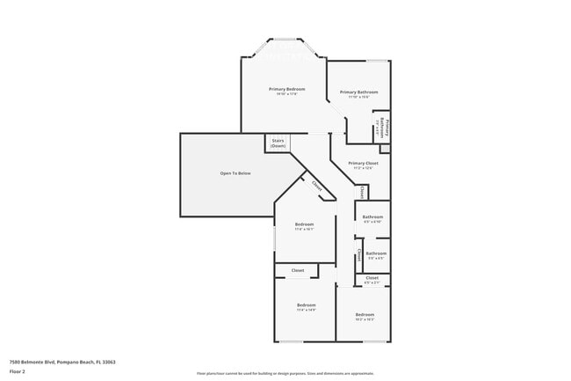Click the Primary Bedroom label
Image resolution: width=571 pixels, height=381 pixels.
(x=286, y=90)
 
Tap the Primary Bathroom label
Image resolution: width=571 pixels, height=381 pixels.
(x=359, y=92)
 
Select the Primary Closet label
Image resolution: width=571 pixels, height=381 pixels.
(x=362, y=164)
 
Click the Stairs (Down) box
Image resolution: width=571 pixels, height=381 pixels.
(x=278, y=143)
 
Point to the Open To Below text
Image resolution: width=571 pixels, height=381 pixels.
(x=235, y=173)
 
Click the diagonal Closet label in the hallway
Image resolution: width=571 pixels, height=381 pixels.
(x=316, y=187)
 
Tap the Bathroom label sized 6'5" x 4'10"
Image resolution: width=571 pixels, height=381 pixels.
(x=372, y=217)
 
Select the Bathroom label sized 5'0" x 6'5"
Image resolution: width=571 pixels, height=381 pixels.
(x=376, y=253)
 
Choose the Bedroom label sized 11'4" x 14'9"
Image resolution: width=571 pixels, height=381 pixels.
(x=306, y=305)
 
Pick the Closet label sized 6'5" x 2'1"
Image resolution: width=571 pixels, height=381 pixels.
(x=372, y=278)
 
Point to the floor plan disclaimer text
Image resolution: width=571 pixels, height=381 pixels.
(x=285, y=374)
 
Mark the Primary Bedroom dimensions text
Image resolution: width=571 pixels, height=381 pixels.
(x=286, y=95)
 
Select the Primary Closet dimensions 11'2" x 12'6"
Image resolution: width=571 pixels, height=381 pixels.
(x=362, y=169)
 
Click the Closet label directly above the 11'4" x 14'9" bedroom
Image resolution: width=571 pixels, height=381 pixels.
(x=298, y=270)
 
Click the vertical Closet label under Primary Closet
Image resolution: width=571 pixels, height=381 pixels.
(x=360, y=191)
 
